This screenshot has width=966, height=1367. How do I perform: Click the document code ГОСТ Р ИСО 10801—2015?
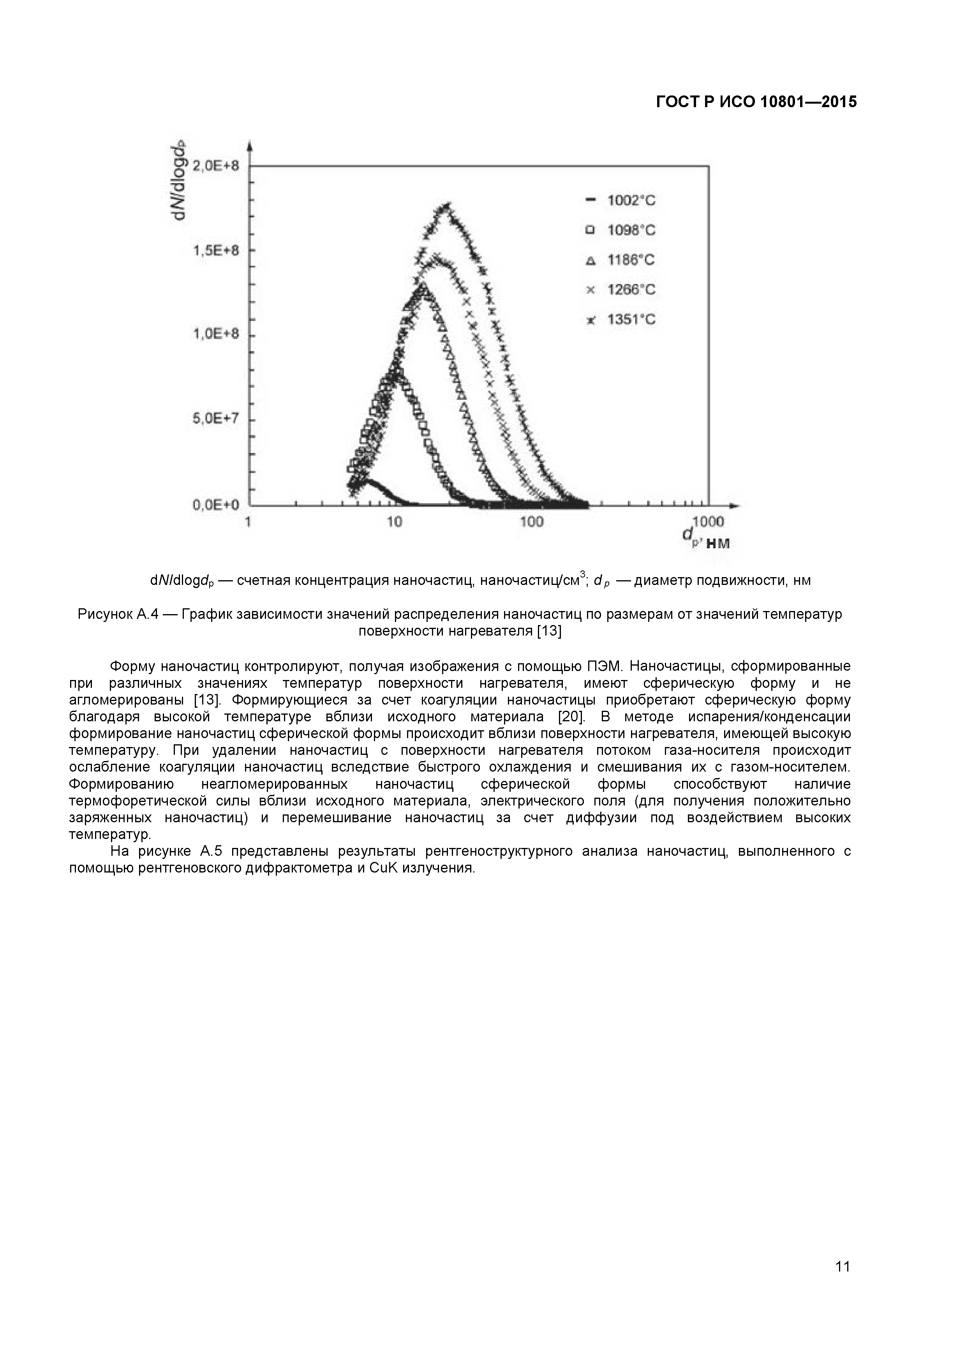coord(756,102)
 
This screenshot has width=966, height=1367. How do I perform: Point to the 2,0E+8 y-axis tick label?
coord(215,166)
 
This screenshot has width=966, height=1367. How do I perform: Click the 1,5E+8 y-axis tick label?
coord(215,250)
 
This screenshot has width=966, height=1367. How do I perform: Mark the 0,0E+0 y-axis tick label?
coord(215,505)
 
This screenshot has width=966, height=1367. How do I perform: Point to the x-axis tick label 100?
coord(532,522)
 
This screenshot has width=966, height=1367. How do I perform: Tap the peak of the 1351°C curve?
coord(446,207)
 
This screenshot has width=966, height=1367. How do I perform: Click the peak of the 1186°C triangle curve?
coord(423,288)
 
